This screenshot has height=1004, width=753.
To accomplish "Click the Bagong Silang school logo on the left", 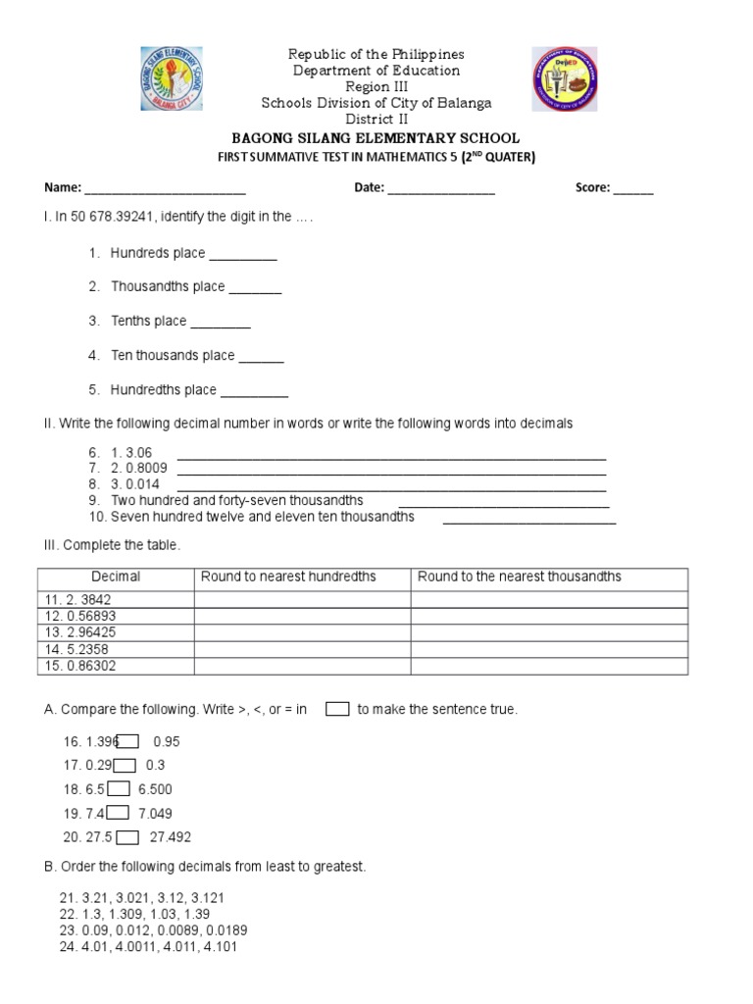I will [173, 79].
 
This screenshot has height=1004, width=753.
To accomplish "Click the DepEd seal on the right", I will [565, 79].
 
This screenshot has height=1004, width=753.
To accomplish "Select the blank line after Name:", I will [165, 191].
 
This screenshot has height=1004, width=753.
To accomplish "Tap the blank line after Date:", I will [441, 191].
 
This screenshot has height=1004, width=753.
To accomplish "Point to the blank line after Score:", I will [633, 191].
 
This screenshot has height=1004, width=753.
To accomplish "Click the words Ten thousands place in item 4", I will [173, 355].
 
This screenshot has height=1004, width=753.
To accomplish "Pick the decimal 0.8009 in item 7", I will [145, 468].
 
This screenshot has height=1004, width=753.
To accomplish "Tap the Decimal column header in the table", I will [116, 577].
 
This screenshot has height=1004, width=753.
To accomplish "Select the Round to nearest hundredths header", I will [288, 577].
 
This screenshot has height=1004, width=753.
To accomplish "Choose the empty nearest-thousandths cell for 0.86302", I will [549, 666].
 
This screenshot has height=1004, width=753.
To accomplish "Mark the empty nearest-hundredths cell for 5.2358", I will [302, 649].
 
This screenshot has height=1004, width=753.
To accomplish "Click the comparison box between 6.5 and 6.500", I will [119, 788].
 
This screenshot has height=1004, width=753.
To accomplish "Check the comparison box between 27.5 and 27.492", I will [128, 836].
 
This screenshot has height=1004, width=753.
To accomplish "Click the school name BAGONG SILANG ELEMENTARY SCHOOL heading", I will [376, 138].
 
